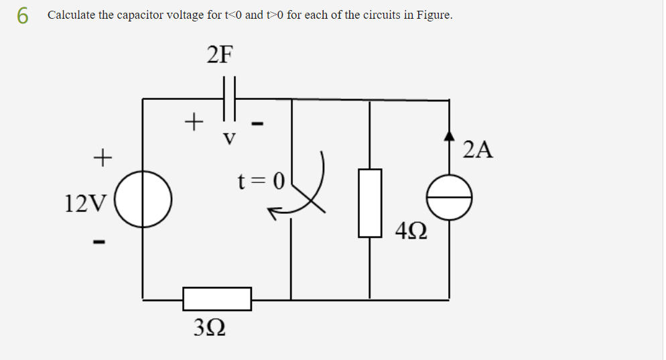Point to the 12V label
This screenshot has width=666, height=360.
pyautogui.click(x=84, y=202)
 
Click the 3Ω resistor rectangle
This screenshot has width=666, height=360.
pyautogui.click(x=217, y=299)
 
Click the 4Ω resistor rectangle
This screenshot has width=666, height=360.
pyautogui.click(x=370, y=202)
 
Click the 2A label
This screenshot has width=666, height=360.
pyautogui.click(x=478, y=149)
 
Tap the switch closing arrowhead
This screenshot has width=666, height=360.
pyautogui.click(x=273, y=213)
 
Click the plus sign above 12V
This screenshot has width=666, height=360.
pyautogui.click(x=101, y=158)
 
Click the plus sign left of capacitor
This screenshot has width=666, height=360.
pyautogui.click(x=193, y=122)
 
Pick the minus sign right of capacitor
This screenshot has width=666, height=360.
pyautogui.click(x=258, y=123)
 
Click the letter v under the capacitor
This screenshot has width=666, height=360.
pyautogui.click(x=229, y=139)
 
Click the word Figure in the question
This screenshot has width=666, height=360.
pyautogui.click(x=433, y=15)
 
